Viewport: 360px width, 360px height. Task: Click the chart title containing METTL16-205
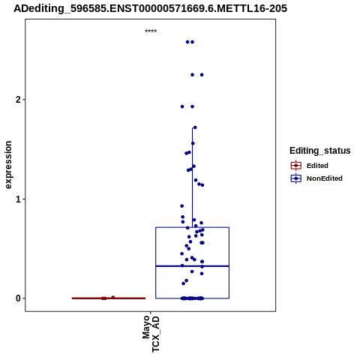(150, 8)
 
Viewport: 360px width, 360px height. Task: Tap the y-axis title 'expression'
(8, 165)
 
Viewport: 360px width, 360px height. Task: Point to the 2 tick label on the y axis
(18, 100)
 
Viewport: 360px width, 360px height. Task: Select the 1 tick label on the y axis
(18, 199)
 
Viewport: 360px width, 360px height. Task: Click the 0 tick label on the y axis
(18, 298)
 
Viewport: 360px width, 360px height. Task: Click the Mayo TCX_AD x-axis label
(151, 334)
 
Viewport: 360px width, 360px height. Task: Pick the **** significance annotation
(151, 31)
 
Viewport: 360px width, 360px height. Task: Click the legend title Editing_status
(320, 151)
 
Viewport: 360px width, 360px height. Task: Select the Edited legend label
(317, 166)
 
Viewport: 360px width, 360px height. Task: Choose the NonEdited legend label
(325, 178)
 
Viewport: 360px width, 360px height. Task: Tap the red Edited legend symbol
(296, 166)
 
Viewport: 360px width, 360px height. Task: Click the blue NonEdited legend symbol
(296, 178)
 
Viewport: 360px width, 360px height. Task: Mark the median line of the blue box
(192, 266)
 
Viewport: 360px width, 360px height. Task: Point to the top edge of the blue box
(192, 227)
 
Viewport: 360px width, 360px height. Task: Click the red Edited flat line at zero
(109, 298)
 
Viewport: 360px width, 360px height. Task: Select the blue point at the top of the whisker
(195, 127)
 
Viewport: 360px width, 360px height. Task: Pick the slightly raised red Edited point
(113, 297)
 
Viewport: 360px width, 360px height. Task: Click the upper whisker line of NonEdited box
(192, 178)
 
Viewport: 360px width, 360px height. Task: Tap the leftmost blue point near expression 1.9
(182, 106)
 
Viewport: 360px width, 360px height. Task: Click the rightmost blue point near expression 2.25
(202, 75)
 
